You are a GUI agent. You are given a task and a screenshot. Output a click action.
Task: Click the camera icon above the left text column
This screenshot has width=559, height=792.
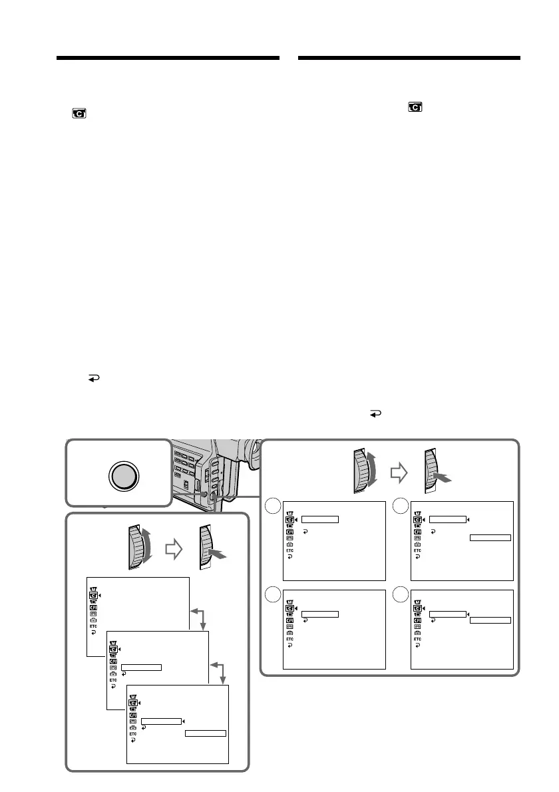(79, 114)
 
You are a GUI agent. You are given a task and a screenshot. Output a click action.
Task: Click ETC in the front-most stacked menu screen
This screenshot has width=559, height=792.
(132, 735)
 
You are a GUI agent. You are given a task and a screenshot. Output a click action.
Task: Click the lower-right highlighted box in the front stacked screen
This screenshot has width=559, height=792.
(206, 733)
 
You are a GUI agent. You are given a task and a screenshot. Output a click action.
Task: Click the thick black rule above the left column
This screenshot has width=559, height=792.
(168, 59)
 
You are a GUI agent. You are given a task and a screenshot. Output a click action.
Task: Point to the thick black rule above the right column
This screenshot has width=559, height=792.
(409, 59)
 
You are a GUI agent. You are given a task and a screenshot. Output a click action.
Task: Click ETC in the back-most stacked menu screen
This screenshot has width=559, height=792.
(93, 626)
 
